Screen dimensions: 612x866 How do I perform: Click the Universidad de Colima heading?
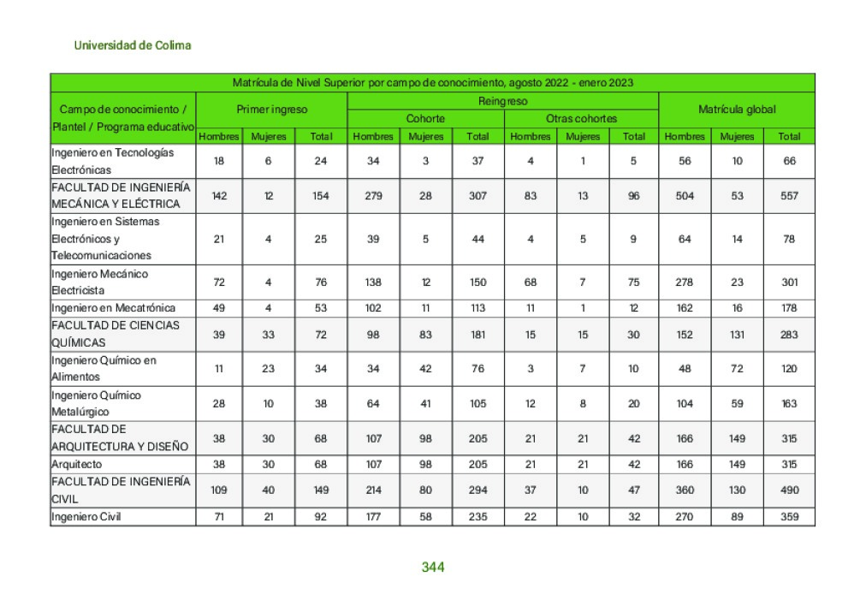(x=133, y=45)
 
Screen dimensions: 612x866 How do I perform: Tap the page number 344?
(x=433, y=567)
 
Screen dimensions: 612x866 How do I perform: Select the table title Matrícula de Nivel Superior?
(x=432, y=83)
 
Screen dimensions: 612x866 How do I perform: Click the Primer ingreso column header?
(x=271, y=110)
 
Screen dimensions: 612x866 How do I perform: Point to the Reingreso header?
(x=502, y=101)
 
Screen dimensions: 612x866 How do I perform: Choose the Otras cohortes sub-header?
(x=581, y=119)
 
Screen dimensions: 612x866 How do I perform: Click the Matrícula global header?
(x=737, y=110)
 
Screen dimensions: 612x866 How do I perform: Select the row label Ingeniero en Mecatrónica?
(x=114, y=308)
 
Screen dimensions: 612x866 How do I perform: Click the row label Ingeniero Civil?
(x=87, y=517)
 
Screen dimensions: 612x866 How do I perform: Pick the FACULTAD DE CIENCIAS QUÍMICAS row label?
(x=116, y=334)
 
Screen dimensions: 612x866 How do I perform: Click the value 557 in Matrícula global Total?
(x=789, y=196)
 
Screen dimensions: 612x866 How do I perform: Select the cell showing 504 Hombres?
(x=685, y=196)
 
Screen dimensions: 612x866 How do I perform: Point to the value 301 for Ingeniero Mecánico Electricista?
(x=789, y=282)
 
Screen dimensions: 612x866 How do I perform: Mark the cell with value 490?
(x=789, y=490)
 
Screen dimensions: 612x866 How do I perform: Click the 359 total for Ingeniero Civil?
(x=789, y=517)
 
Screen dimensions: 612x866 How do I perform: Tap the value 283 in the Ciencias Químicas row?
(x=789, y=335)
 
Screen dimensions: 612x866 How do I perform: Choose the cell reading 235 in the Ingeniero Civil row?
(x=477, y=517)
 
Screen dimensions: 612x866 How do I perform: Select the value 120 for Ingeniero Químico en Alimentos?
(x=789, y=369)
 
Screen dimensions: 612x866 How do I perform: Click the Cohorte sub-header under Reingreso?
(x=425, y=119)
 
